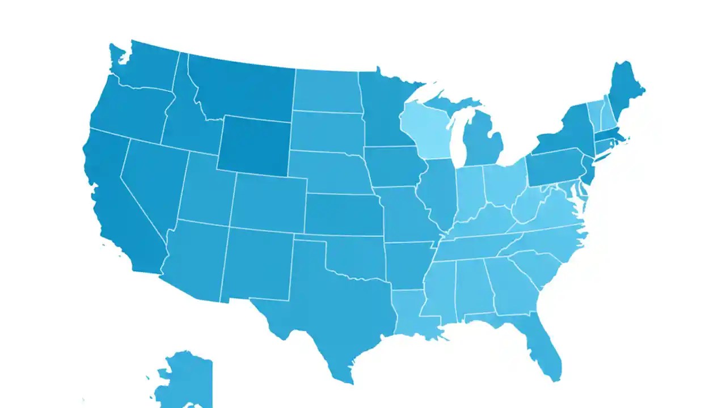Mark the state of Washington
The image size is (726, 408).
coord(147,68)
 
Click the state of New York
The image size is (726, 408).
coord(562,133)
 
